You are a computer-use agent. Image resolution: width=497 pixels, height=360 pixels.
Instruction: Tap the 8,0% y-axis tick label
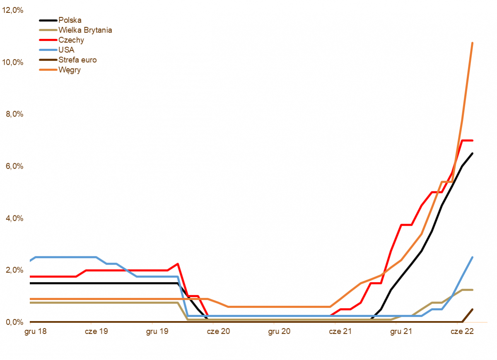(x=14, y=114)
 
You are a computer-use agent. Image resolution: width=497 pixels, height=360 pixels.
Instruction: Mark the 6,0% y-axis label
(x=14, y=166)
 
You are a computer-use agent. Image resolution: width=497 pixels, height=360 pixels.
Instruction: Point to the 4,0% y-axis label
(x=14, y=218)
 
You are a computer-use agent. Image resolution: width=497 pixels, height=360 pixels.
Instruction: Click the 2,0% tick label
(x=14, y=270)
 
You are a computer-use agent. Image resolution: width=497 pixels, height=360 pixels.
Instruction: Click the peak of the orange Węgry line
(x=472, y=43)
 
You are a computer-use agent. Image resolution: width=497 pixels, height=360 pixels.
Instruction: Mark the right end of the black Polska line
(x=472, y=153)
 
